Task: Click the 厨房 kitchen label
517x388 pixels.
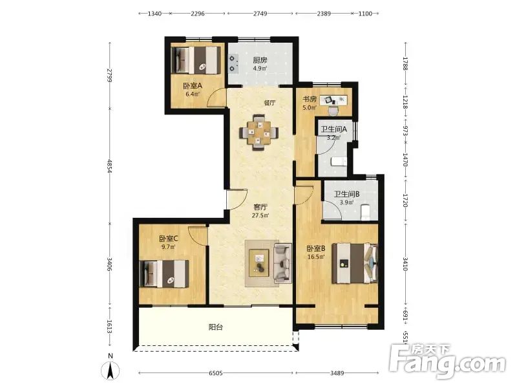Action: pos(260,60)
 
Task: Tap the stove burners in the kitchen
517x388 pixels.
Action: pos(234,63)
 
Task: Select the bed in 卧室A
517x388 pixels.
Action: pos(197,60)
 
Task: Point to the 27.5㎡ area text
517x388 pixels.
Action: pos(260,216)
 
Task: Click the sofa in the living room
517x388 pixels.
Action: pos(282,263)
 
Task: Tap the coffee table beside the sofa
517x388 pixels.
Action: pos(259,263)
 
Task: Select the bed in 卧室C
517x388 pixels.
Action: pos(164,274)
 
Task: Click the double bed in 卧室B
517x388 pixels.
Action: pos(354,263)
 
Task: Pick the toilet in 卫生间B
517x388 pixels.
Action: pos(366,213)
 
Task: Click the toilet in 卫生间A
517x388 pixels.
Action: pos(338,161)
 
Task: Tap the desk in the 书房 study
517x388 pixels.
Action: pos(333,100)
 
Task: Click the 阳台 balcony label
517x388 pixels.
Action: pos(216,327)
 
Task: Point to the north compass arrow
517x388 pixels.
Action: pos(111,369)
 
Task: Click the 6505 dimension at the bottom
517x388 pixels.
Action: pos(216,373)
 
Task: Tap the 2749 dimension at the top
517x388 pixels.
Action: pos(260,14)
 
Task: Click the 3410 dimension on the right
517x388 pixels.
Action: pos(406,264)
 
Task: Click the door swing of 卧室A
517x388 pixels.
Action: pos(215,98)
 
